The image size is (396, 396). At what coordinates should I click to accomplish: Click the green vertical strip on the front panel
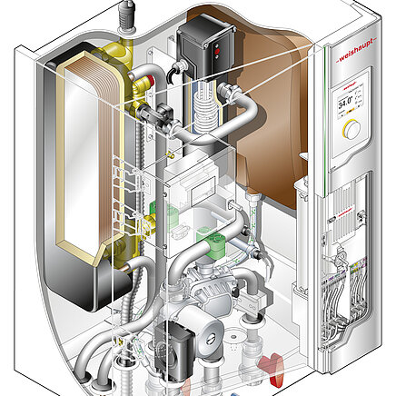coord(327,118)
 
